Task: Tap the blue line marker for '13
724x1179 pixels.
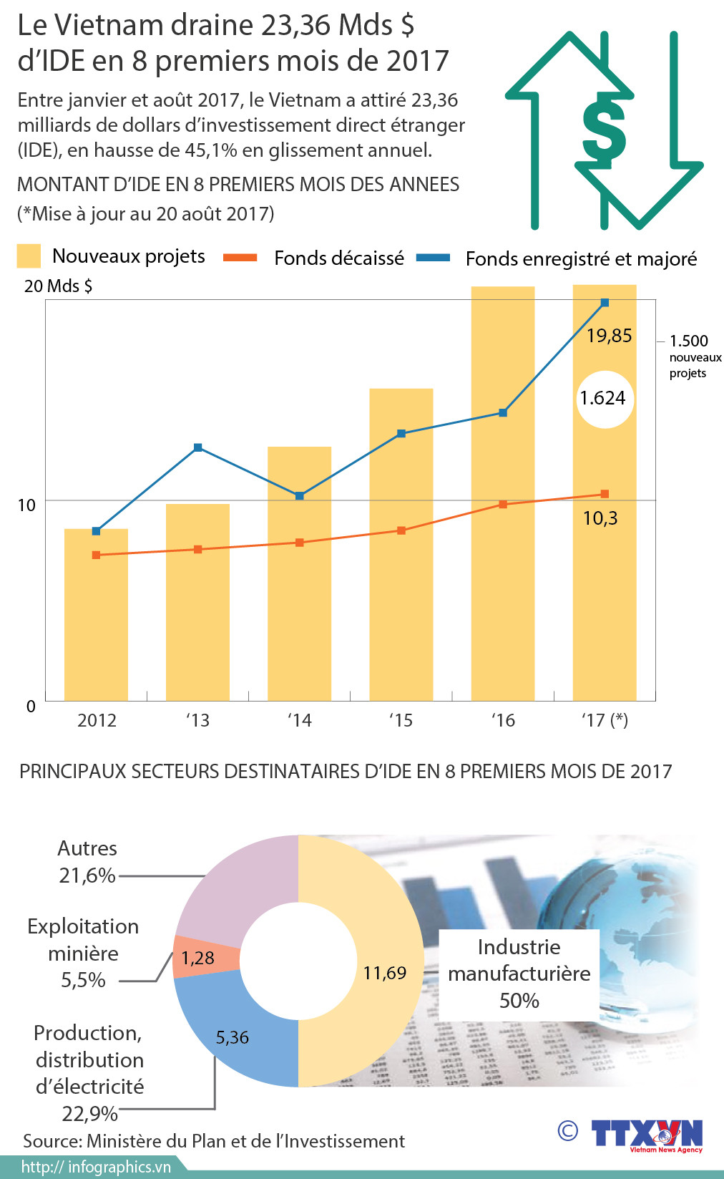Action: coord(198,447)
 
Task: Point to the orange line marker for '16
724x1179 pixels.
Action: coord(503,505)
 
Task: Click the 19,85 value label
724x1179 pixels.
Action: coord(609,335)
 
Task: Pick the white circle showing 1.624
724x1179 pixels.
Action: coord(605,399)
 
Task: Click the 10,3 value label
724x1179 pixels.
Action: coord(600,518)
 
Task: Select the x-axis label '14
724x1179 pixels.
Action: coord(299,720)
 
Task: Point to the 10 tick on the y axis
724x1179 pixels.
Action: coord(26,505)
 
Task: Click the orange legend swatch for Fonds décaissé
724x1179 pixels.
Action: coord(240,258)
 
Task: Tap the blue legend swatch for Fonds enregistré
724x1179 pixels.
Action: coord(433,258)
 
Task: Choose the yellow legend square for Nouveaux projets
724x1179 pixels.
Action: coord(29,256)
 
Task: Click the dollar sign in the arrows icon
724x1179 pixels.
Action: coord(605,130)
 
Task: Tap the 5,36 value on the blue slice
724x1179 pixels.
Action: coord(233,1037)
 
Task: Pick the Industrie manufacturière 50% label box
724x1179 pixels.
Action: coord(519,974)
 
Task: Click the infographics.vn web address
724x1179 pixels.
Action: coord(96,1167)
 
